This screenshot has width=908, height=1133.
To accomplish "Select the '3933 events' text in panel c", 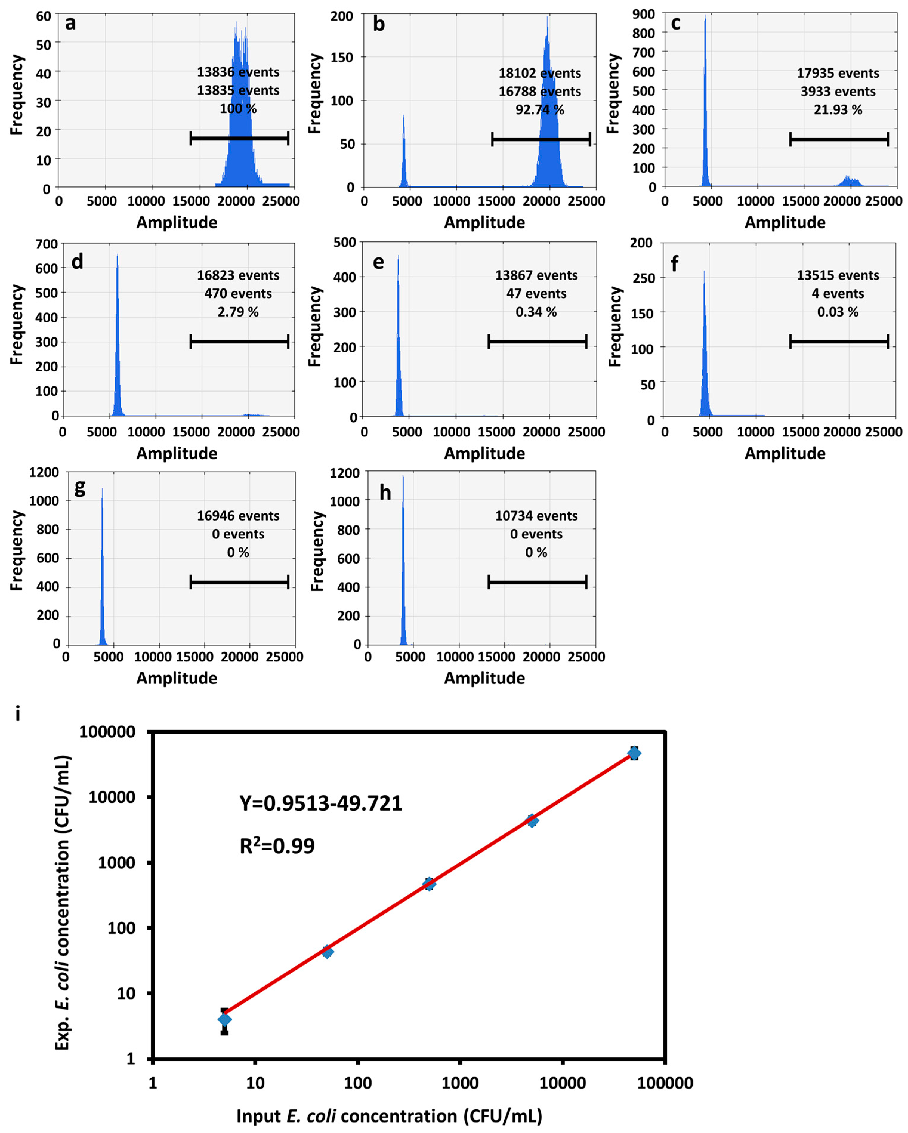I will (x=838, y=92).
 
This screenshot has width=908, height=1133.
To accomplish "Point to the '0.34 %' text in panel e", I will (x=536, y=312).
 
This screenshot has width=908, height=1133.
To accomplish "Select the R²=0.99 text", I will (x=277, y=846).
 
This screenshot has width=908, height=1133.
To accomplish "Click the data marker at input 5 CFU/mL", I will (x=224, y=1019).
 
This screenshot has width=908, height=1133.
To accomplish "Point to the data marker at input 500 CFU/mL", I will (x=429, y=884).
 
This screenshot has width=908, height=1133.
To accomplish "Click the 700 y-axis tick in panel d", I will (x=47, y=244).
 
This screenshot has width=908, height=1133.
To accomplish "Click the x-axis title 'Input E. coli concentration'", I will (x=389, y=1115).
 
